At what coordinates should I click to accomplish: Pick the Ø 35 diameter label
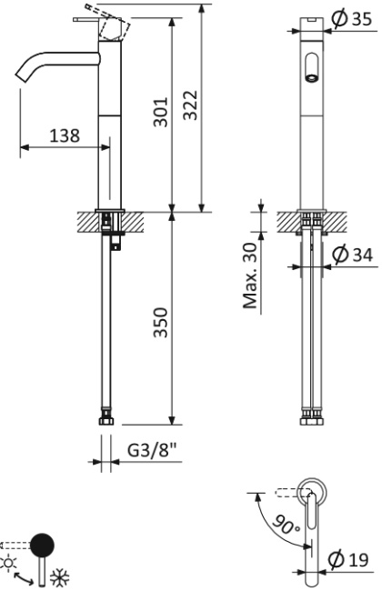point(350,18)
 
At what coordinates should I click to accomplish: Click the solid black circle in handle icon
point(41,545)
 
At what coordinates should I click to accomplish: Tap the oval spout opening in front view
point(312,67)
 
